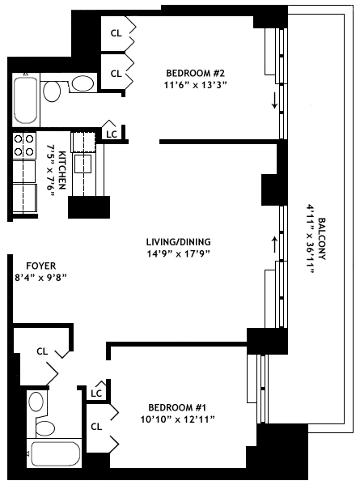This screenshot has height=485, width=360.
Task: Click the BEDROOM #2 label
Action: pos(195,74)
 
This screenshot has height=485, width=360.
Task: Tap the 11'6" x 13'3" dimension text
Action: pos(195,85)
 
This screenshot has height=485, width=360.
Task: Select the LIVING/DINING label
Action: pos(178,241)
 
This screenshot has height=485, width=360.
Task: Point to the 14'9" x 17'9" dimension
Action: pos(178,253)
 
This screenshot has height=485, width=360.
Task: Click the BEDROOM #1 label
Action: pos(177,407)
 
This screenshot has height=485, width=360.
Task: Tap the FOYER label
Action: pos(41,266)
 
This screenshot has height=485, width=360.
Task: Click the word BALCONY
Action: pos(322,239)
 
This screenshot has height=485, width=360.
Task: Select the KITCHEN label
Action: pos(61,170)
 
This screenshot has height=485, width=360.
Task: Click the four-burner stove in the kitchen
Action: pos(24,146)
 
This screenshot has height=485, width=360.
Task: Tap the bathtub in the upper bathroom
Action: pos(26,100)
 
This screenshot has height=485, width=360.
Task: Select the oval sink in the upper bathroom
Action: pos(83,83)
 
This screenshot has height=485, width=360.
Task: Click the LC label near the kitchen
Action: pos(112,134)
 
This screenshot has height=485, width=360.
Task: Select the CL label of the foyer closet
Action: pos(42,351)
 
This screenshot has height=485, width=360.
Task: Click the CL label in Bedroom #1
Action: pos(96,427)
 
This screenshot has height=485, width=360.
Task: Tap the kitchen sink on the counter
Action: pos(83,164)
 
